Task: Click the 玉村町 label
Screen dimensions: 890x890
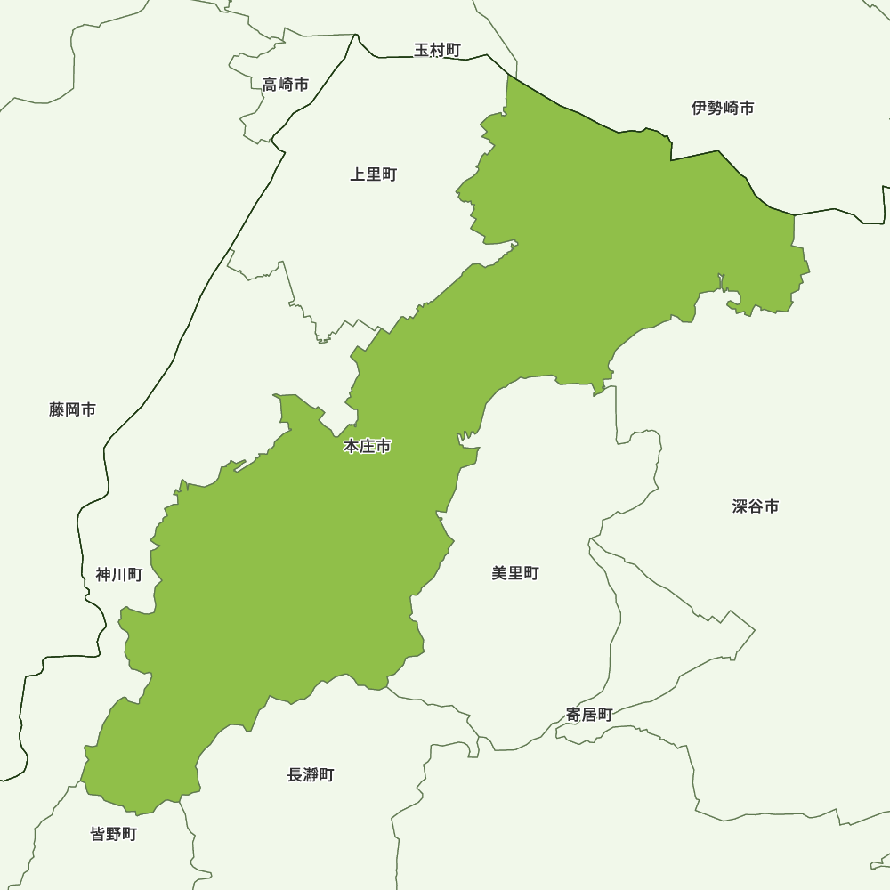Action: (437, 50)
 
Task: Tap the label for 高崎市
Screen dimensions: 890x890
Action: (286, 85)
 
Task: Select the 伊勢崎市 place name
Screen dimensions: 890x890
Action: (723, 108)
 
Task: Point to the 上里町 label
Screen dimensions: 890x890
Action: (373, 174)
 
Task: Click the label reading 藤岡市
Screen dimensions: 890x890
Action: (73, 409)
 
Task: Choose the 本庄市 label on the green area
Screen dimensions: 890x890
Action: (367, 447)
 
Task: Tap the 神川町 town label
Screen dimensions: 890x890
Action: (119, 574)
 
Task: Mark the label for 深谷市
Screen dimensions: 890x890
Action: (756, 506)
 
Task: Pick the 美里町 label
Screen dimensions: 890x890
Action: (515, 573)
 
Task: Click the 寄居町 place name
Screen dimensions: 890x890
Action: (589, 714)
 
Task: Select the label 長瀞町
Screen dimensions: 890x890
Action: (311, 774)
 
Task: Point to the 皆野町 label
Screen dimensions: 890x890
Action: (114, 834)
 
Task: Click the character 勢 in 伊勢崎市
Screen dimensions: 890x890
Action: (715, 108)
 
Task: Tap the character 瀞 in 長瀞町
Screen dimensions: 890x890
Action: (311, 774)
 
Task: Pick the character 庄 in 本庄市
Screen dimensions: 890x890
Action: (367, 447)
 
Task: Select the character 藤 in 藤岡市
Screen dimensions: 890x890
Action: (57, 409)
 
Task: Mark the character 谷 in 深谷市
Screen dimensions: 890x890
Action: (756, 506)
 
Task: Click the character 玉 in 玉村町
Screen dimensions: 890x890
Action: (422, 50)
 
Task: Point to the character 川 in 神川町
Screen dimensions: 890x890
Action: (119, 574)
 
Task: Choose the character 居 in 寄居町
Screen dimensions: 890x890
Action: (589, 714)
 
